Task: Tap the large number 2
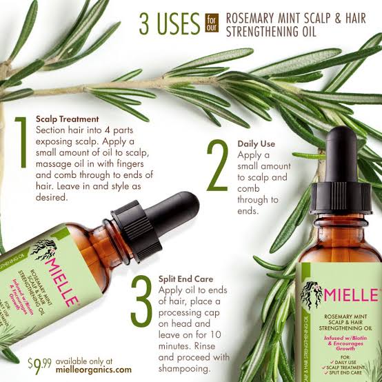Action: [217, 167]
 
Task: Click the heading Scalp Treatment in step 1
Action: [67, 119]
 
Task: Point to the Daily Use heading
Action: [257, 143]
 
